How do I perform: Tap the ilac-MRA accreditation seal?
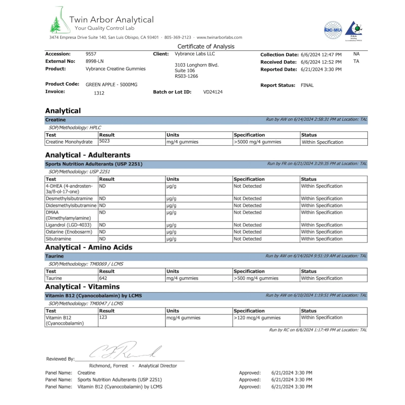333,30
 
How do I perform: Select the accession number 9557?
91,54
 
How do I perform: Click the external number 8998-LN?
94,61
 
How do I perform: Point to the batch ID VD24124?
213,92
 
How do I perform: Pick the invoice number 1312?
99,93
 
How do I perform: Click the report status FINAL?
307,85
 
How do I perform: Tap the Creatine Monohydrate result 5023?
104,141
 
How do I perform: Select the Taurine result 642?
103,278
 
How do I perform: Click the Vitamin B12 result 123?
103,317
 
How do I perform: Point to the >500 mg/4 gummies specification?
256,278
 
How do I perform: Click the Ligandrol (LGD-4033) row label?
68,225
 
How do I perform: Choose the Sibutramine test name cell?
58,239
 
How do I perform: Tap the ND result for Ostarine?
102,232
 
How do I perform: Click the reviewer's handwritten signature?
125,351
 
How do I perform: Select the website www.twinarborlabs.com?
219,37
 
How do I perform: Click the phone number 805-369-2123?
177,37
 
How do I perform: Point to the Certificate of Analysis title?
206,47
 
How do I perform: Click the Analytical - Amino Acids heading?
89,247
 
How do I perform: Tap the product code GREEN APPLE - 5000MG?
111,85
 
